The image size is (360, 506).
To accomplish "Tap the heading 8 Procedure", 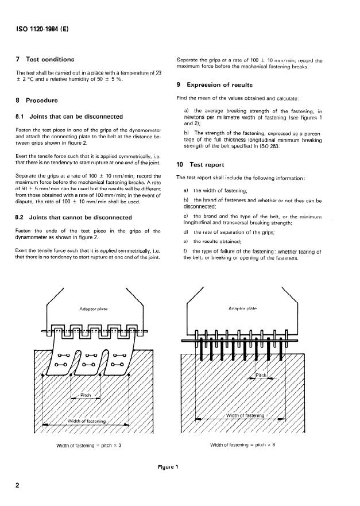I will [x=39, y=100].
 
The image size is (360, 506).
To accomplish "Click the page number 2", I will [x=19, y=486].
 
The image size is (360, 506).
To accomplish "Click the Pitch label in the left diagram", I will [x=86, y=395].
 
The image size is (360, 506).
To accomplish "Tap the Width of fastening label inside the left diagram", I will [x=87, y=421].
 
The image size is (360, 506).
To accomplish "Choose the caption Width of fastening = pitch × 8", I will [x=244, y=445].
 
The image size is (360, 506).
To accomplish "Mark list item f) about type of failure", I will [x=253, y=255].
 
